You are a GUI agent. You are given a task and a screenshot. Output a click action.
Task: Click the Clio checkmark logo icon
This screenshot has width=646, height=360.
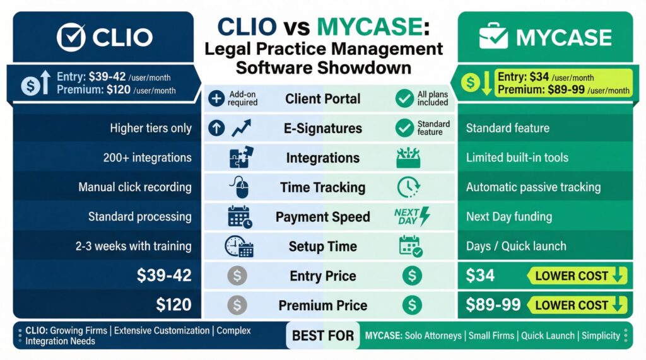71,37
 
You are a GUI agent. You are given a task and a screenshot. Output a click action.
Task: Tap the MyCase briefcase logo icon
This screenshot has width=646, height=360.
494,37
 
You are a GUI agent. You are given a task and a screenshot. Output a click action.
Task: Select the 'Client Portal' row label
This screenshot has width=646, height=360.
322,99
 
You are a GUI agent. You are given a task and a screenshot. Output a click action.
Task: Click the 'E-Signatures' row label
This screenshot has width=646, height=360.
322,129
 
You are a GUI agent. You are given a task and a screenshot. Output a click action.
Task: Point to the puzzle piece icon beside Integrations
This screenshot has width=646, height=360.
240,158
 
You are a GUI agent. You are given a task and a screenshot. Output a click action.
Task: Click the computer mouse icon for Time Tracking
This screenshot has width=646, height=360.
237,187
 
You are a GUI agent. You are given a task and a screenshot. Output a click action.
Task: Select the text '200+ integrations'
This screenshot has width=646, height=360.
147,158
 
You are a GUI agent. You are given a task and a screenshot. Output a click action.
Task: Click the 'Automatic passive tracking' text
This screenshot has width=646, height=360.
533,187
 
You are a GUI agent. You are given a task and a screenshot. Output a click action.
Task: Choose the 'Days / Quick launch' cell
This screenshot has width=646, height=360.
516,246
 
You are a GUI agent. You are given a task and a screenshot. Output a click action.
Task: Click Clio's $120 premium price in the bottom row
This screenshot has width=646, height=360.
173,305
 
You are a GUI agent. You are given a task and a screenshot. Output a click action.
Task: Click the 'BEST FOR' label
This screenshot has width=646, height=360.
323,335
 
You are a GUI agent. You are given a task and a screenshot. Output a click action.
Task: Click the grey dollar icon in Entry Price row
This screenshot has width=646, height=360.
237,276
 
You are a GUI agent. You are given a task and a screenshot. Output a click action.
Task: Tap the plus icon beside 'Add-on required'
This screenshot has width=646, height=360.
216,99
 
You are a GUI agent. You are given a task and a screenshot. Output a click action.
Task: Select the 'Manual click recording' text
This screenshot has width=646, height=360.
135,187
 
